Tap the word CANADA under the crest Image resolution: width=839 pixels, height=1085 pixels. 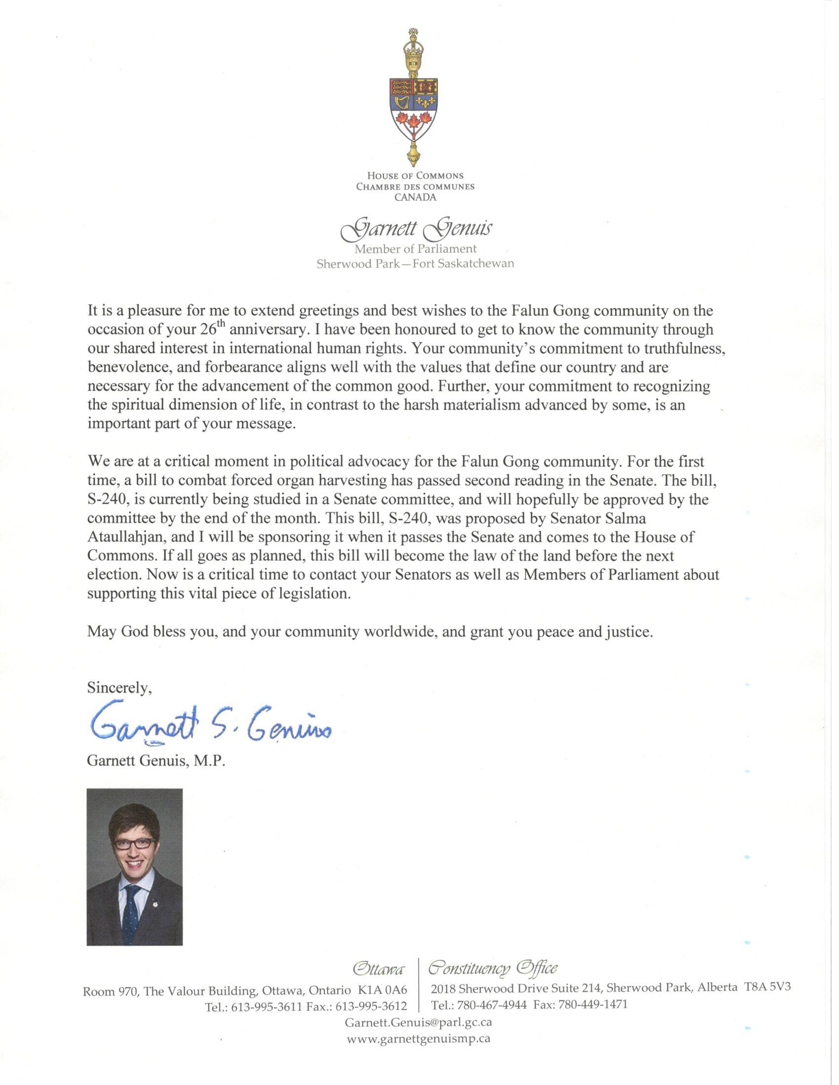416,197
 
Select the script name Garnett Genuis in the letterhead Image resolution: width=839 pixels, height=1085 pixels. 416,228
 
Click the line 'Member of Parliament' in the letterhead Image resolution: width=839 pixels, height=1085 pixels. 416,249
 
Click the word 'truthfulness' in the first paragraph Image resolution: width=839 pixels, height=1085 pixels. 684,348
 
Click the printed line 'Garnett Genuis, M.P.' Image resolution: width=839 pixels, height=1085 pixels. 156,761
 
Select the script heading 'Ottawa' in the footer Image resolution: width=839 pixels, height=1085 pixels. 377,969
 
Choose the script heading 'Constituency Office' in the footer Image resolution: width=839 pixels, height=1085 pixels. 493,968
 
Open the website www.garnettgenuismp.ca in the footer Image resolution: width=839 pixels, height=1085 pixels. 419,1038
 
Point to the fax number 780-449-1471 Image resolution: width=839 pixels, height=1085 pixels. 592,1005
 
